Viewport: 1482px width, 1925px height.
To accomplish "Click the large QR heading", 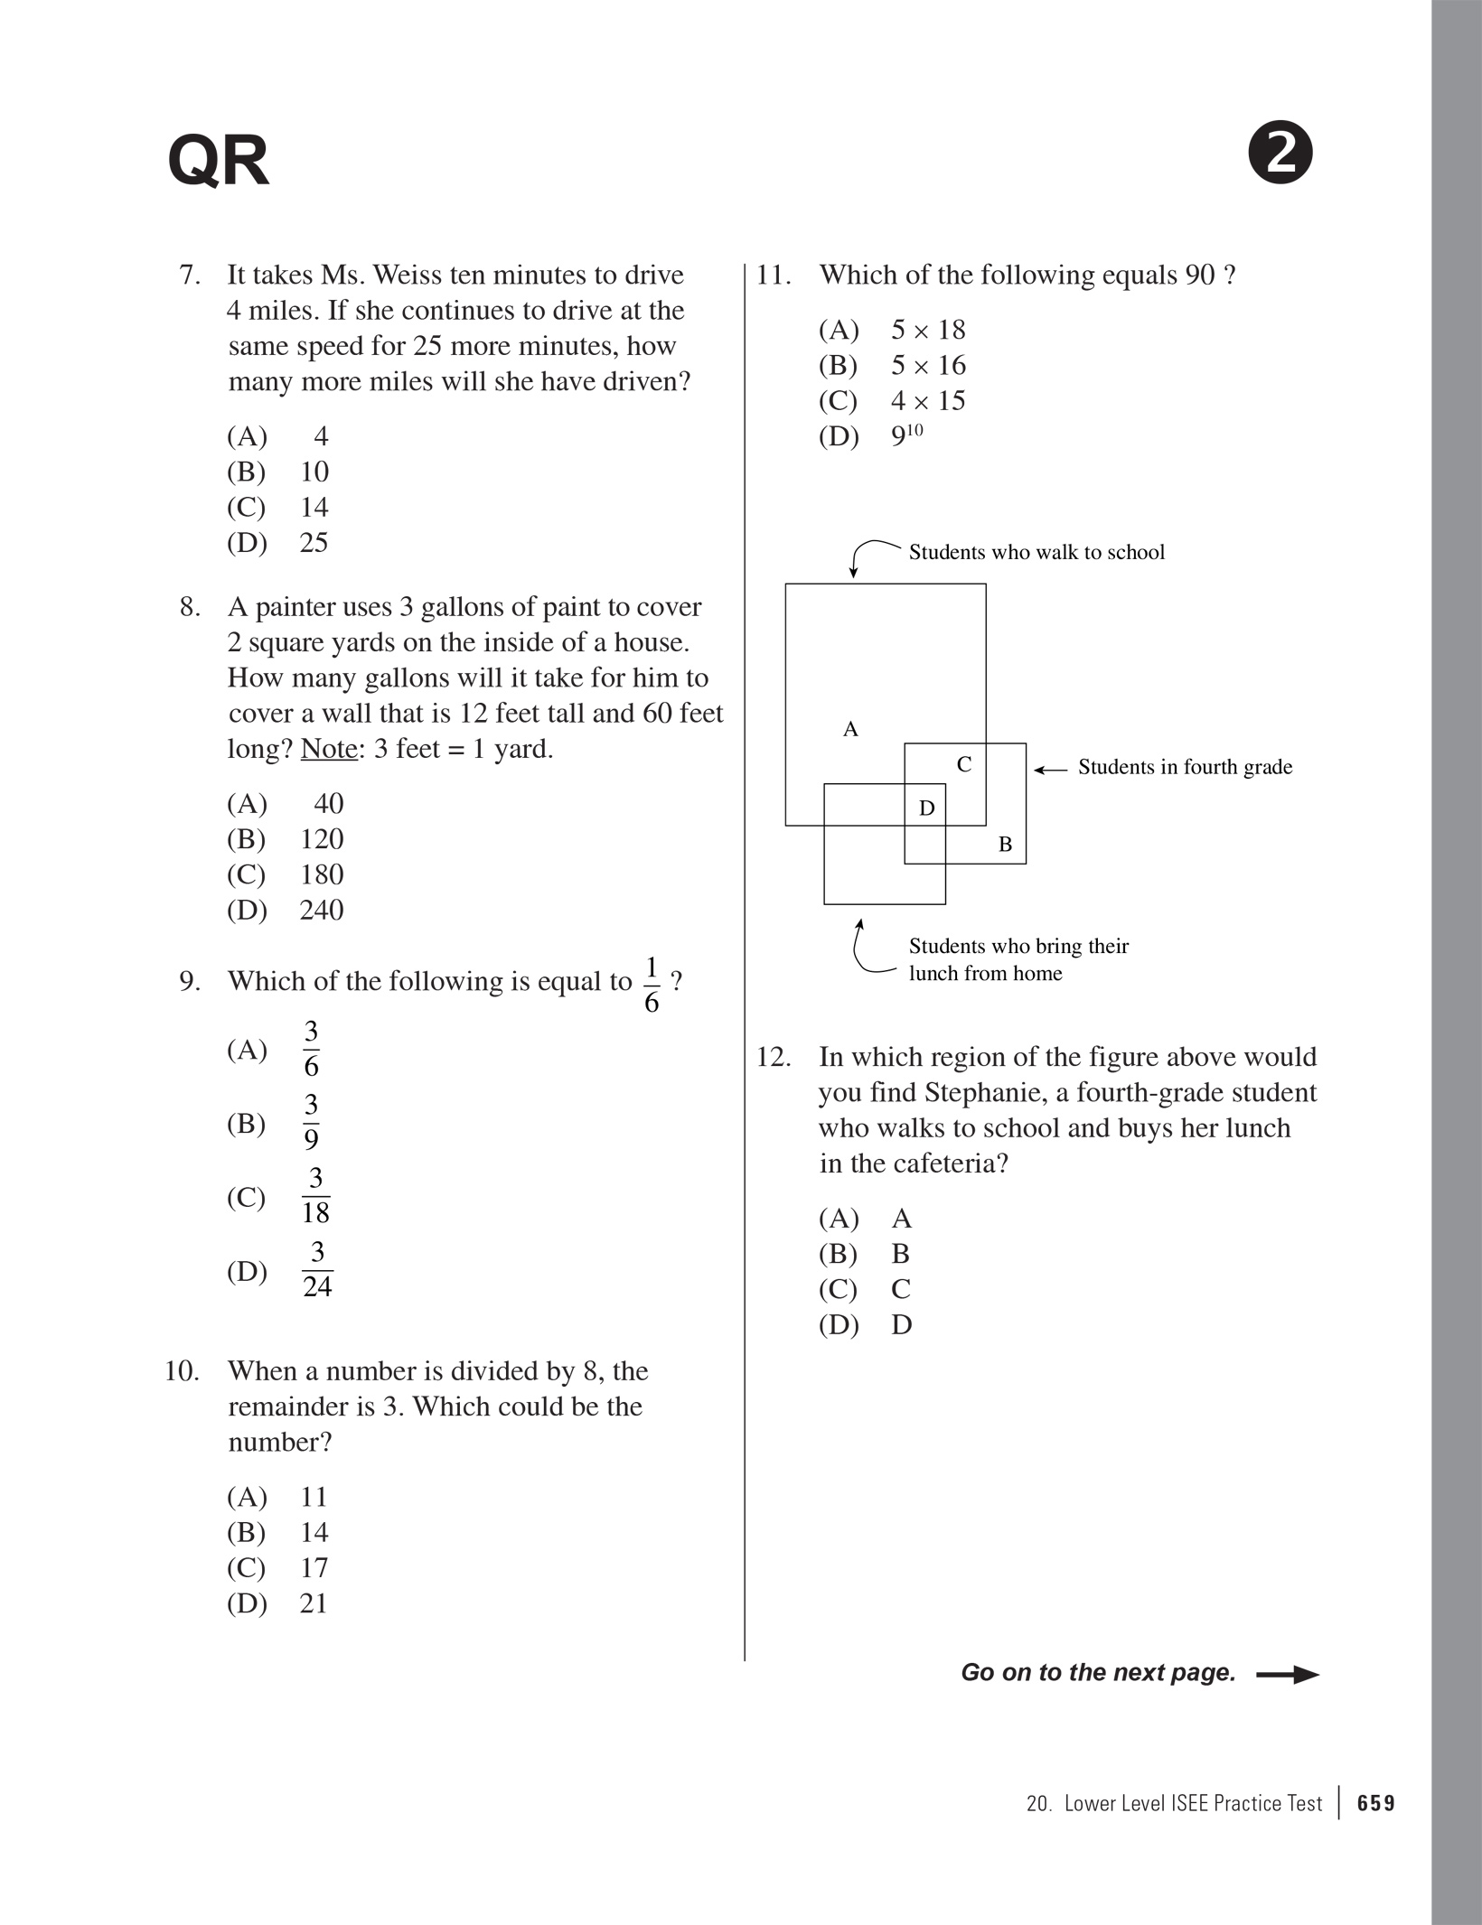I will pyautogui.click(x=218, y=162).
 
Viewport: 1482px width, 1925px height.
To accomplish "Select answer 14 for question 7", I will pyautogui.click(x=314, y=508).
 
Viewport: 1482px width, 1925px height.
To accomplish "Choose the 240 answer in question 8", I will pyautogui.click(x=321, y=910).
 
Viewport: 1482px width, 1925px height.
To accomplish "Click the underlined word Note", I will pyautogui.click(x=329, y=749).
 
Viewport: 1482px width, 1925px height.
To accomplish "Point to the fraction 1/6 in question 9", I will pyautogui.click(x=652, y=985).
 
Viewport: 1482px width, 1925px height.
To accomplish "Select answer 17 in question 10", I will pyautogui.click(x=314, y=1567).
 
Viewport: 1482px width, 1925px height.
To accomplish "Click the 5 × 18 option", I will pyautogui.click(x=927, y=330).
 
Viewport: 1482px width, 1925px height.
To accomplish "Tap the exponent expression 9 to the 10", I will pyautogui.click(x=906, y=435).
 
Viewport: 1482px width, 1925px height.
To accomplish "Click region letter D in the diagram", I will pyautogui.click(x=926, y=808).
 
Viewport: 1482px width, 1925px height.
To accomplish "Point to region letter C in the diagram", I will pyautogui.click(x=964, y=764).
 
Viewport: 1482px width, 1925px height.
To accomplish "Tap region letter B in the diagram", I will pyautogui.click(x=1005, y=845).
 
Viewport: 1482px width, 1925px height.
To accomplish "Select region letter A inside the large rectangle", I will pyautogui.click(x=850, y=729).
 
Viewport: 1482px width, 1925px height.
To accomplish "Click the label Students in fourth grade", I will pyautogui.click(x=1185, y=767).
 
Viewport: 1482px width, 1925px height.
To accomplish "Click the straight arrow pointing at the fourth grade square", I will pyautogui.click(x=1051, y=770).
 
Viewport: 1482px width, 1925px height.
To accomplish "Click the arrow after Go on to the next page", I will pyautogui.click(x=1288, y=1674).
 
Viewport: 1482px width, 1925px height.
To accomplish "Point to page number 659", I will pyautogui.click(x=1376, y=1803).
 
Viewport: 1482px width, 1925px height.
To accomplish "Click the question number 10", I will pyautogui.click(x=182, y=1371).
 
